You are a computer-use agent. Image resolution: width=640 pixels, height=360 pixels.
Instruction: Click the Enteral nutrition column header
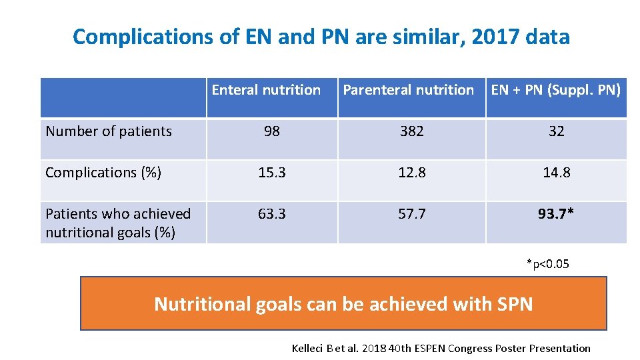[x=266, y=90]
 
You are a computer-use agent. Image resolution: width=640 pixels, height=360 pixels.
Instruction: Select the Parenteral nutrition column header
[x=408, y=90]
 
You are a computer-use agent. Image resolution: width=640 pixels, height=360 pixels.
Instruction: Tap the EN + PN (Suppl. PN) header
[x=556, y=90]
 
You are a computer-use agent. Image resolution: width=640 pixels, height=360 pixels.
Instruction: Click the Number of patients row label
[x=109, y=131]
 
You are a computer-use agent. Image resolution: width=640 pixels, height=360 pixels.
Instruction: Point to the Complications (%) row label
[x=103, y=173]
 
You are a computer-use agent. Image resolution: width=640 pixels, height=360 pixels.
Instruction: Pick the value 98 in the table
[x=272, y=131]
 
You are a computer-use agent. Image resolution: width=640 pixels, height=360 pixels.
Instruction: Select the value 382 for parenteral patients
[x=412, y=131]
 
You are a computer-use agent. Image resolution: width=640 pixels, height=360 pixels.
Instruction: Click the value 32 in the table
[x=556, y=131]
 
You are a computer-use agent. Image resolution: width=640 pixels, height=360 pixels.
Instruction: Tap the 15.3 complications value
[x=272, y=173]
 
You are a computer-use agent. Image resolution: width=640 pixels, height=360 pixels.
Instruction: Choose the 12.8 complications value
[x=412, y=173]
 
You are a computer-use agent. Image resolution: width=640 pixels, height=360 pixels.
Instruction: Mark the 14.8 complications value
[x=556, y=173]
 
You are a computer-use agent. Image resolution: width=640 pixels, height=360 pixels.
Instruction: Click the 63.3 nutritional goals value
[x=272, y=214]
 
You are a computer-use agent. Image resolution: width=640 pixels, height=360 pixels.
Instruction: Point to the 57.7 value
[x=412, y=214]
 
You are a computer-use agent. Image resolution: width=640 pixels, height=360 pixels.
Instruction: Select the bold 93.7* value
[x=556, y=213]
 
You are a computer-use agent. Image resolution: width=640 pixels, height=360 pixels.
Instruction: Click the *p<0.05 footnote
[x=548, y=264]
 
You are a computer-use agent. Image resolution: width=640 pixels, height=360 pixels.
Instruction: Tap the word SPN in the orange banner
[x=515, y=304]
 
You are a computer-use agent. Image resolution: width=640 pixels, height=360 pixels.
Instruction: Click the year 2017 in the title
[x=494, y=37]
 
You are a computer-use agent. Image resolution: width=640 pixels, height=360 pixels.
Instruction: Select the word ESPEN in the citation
[x=430, y=349]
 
